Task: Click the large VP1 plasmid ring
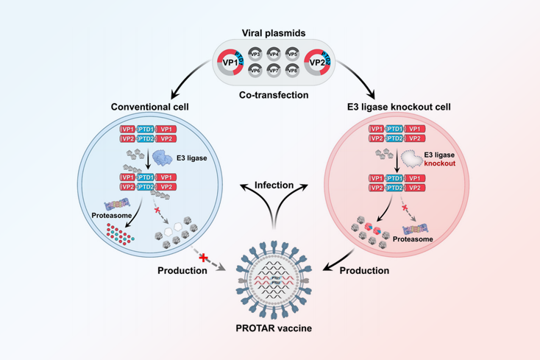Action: pos(230,63)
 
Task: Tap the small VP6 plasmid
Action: pos(255,71)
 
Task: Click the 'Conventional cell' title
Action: pos(149,107)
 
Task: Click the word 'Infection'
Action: pos(274,184)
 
